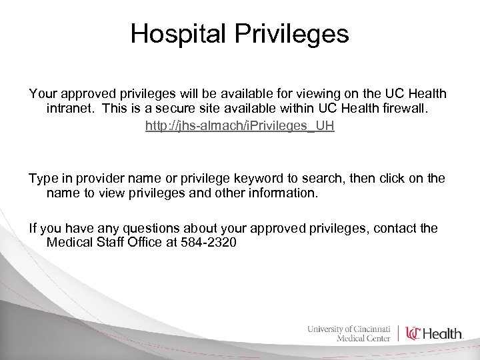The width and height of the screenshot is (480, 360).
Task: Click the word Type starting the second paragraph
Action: tap(43, 179)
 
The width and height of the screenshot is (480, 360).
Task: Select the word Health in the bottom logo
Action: tap(444, 333)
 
